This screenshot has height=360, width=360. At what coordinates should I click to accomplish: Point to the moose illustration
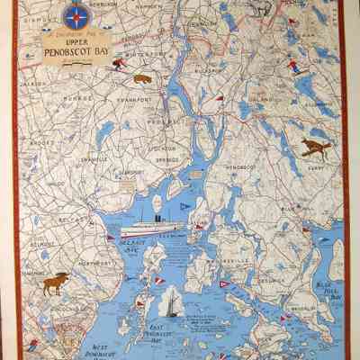click(56, 283)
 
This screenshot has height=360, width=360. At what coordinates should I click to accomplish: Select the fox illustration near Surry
click(314, 147)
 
